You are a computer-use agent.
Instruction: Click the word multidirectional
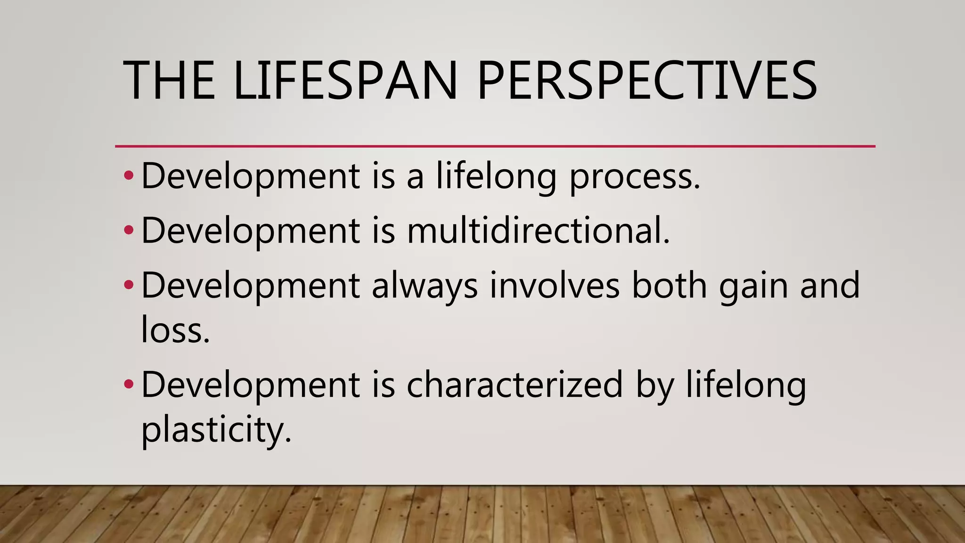click(538, 230)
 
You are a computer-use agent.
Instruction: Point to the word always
click(425, 286)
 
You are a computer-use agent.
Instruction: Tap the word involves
click(554, 285)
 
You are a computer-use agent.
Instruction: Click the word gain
click(753, 286)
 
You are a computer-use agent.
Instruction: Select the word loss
click(175, 330)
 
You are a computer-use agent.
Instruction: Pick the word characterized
click(515, 385)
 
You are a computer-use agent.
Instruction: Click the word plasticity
click(216, 430)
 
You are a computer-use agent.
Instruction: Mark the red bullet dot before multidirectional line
click(129, 230)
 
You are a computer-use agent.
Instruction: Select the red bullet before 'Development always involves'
click(129, 285)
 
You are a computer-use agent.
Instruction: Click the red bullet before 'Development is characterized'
click(129, 385)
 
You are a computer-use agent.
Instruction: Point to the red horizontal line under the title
click(495, 147)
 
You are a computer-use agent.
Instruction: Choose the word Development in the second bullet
click(250, 231)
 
